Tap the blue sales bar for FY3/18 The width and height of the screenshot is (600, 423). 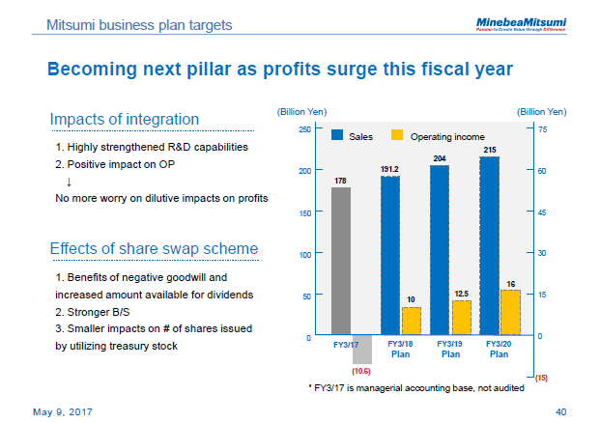(x=389, y=256)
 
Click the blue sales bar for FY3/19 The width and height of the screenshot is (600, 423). (x=440, y=250)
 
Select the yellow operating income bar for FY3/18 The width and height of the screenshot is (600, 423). (x=412, y=321)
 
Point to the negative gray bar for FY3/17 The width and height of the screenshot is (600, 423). (x=362, y=349)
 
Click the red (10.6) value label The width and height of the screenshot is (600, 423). (x=361, y=370)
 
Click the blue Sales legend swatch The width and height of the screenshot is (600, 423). (x=338, y=136)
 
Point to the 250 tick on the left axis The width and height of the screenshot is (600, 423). (x=304, y=128)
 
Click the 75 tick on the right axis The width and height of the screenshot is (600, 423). (x=541, y=128)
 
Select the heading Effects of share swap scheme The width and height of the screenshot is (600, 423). (x=154, y=249)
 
